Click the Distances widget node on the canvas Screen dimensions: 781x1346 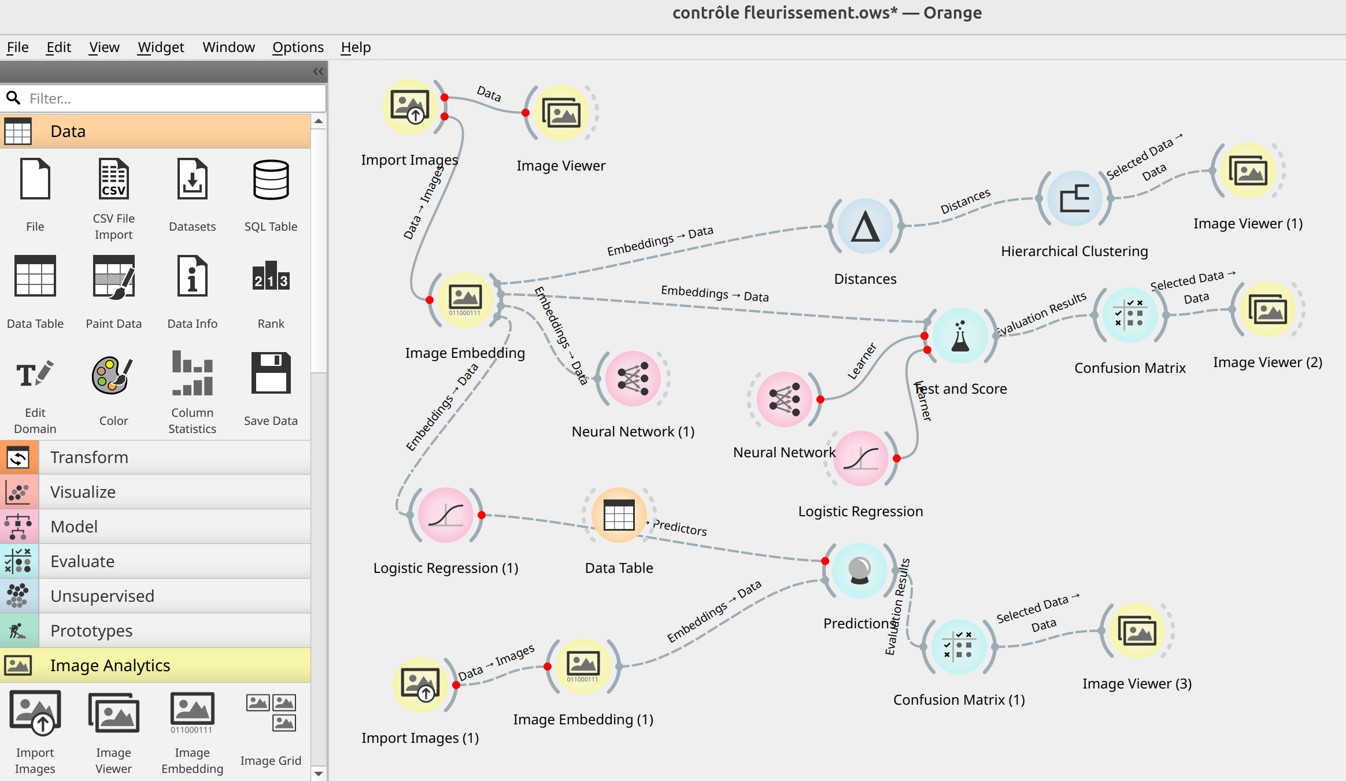[x=865, y=227]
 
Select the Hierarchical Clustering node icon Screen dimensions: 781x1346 [x=1074, y=199]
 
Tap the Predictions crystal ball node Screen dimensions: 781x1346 [x=859, y=571]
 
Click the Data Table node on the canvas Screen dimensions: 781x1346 [x=619, y=515]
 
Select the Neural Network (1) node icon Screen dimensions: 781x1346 [x=633, y=379]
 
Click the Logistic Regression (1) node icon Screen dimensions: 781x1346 [x=445, y=515]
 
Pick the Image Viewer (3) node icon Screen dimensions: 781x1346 [x=1137, y=631]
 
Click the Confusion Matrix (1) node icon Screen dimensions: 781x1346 [x=959, y=647]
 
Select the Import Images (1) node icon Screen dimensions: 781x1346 [x=420, y=685]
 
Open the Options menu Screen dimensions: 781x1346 [x=298, y=47]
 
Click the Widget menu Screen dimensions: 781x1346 [x=161, y=47]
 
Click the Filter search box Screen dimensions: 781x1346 [x=173, y=99]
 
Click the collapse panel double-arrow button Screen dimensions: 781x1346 [x=318, y=72]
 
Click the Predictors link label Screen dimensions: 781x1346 [x=679, y=527]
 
